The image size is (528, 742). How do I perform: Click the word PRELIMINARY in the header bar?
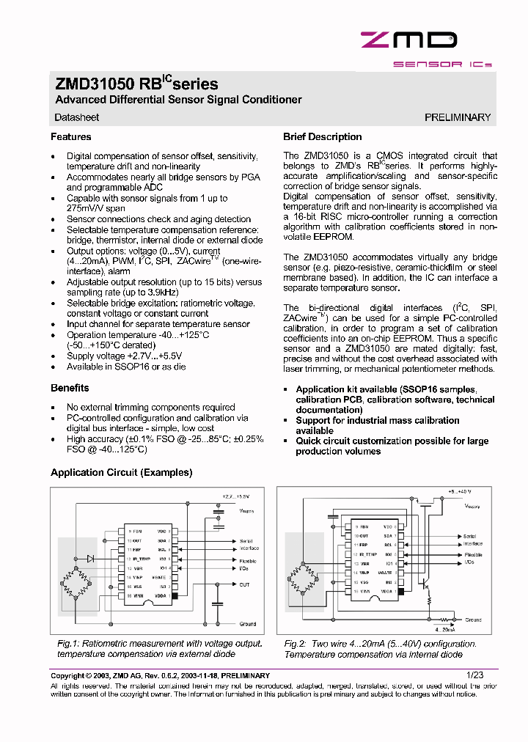(x=458, y=117)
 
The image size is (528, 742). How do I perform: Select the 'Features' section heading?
(x=71, y=137)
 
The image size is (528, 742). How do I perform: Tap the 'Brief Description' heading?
(x=322, y=137)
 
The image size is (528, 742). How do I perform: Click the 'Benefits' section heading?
(x=70, y=388)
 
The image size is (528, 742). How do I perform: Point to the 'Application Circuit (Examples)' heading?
(x=121, y=473)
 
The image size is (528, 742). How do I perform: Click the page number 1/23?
(x=476, y=675)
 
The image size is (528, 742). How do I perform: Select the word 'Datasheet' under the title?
(x=77, y=117)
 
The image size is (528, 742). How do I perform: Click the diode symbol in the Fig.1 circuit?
(x=89, y=559)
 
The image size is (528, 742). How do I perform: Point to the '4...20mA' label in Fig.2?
(x=444, y=629)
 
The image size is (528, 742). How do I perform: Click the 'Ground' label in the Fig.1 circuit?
(x=247, y=624)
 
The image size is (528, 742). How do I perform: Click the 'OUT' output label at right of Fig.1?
(x=244, y=584)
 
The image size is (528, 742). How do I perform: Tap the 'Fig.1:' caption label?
(x=69, y=644)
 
